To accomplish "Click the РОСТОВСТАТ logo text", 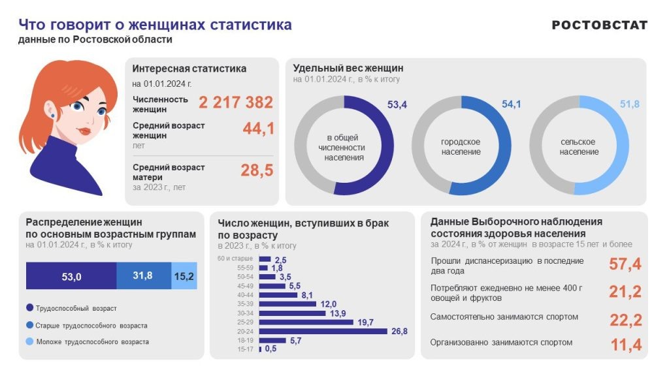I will tap(599, 25).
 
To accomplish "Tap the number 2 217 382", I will tap(236, 102).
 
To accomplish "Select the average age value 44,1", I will tap(258, 129).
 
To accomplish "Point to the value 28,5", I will tap(257, 171).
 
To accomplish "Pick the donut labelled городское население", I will tap(461, 146).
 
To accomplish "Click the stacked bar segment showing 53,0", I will tap(71, 276).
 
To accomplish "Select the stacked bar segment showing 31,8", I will tap(143, 276).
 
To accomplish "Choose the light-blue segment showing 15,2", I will tap(184, 276).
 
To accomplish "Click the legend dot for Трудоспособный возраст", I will tap(29, 308).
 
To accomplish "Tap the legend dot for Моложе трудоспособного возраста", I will tap(29, 341).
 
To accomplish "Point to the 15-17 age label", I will tap(245, 349).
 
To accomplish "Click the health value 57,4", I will tap(625, 264).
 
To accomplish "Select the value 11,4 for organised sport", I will tap(625, 345).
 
